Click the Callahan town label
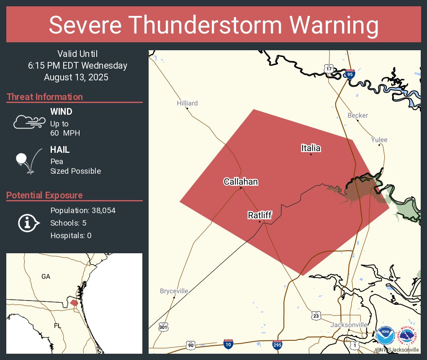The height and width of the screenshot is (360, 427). (241, 182)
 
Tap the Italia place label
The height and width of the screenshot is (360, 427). (311, 148)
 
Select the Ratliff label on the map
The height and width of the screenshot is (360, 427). (260, 215)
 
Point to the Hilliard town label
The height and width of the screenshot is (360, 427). (187, 103)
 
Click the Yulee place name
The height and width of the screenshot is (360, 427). (379, 140)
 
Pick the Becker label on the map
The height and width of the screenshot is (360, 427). (358, 116)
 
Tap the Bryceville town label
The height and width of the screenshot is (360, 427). (174, 291)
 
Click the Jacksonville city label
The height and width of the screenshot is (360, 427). (349, 325)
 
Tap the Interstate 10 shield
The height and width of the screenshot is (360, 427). (228, 344)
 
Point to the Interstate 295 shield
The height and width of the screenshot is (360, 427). (277, 345)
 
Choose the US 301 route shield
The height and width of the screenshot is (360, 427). (163, 327)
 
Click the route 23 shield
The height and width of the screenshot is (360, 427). (316, 315)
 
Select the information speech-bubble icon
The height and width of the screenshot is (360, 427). (28, 223)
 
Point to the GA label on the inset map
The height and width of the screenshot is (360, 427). (46, 277)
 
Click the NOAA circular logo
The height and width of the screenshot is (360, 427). (385, 335)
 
